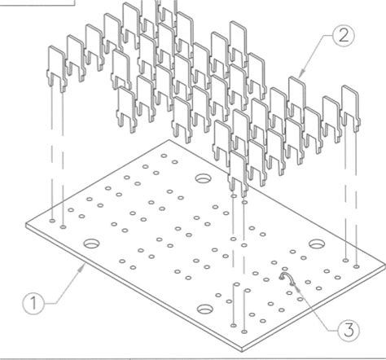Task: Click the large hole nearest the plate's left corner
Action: [92, 244]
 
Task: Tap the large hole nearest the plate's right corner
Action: [317, 244]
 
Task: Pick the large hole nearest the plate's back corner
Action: [204, 178]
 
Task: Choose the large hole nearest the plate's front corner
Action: [205, 309]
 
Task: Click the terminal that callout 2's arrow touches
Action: [296, 99]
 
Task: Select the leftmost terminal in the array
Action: [57, 69]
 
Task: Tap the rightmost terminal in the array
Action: [351, 108]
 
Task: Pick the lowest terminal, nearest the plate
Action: [239, 173]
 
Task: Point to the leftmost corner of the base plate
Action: [26, 224]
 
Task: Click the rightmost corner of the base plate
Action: [385, 262]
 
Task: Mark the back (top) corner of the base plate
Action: [169, 140]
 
